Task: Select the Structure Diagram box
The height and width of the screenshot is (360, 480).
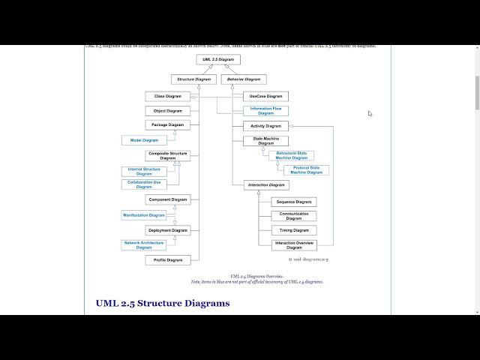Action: point(193,79)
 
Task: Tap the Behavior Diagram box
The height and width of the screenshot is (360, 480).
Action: point(244,79)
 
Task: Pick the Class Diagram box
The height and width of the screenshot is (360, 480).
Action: point(167,96)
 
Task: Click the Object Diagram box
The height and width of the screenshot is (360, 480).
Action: point(167,111)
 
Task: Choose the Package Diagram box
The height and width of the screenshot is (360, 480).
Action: point(167,124)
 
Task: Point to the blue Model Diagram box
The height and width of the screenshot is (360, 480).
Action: point(145,140)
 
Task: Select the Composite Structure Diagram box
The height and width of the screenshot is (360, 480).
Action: point(167,156)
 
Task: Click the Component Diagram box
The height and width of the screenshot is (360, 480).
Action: point(167,199)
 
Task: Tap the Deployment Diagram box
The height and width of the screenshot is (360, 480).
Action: point(167,230)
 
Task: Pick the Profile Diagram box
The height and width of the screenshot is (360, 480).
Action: point(167,260)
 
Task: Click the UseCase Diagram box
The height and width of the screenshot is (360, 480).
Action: point(265,96)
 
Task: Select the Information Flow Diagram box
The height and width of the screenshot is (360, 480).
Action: point(265,111)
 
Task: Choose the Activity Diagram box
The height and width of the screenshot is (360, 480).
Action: point(265,126)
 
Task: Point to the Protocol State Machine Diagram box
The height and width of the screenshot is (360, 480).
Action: point(306,170)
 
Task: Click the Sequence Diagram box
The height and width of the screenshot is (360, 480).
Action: point(293,202)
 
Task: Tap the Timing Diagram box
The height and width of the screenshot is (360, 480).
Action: point(293,230)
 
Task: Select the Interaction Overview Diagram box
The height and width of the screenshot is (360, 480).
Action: point(293,245)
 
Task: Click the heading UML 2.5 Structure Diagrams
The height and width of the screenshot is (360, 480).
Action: point(163,303)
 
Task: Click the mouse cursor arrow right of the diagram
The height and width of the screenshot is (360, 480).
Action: point(370,113)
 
